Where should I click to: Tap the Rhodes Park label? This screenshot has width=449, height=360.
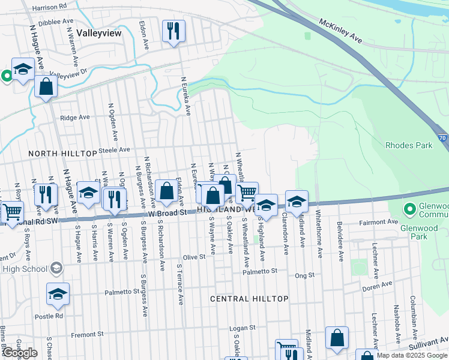(x=409, y=145)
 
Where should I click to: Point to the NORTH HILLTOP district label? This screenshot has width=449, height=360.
(x=63, y=154)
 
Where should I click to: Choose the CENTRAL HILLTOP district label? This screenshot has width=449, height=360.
(x=250, y=298)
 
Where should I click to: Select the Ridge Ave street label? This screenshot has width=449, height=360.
(x=74, y=118)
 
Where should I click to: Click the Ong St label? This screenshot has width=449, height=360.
(x=305, y=275)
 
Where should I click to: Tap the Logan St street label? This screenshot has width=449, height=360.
(x=244, y=328)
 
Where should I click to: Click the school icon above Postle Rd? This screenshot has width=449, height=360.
(x=58, y=294)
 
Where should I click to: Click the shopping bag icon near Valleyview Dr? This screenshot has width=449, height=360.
(x=46, y=86)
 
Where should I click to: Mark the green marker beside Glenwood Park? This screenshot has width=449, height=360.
(x=410, y=209)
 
